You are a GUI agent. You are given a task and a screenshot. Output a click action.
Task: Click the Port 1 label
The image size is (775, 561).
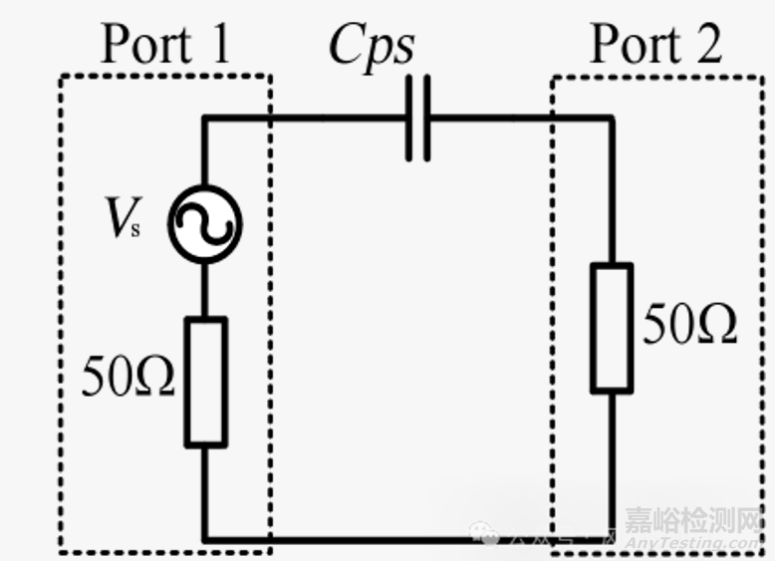[165, 42]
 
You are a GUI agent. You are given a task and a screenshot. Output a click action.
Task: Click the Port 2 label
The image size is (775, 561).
[654, 44]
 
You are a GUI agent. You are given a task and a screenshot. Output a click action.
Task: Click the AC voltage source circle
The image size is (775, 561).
[204, 224]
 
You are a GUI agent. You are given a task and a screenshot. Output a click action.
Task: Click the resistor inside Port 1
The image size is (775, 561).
[206, 382]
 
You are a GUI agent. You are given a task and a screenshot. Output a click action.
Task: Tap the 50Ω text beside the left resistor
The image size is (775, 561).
[129, 379]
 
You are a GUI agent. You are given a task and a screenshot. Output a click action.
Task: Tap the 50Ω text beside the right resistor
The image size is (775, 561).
[689, 325]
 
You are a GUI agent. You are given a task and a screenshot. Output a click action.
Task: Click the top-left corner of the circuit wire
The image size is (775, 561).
[205, 119]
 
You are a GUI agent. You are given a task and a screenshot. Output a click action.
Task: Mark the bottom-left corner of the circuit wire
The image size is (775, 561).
[206, 540]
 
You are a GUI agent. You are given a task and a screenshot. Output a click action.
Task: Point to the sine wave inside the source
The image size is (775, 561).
[205, 225]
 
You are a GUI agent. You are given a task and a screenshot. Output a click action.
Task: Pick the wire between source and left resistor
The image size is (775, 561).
[205, 289]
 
